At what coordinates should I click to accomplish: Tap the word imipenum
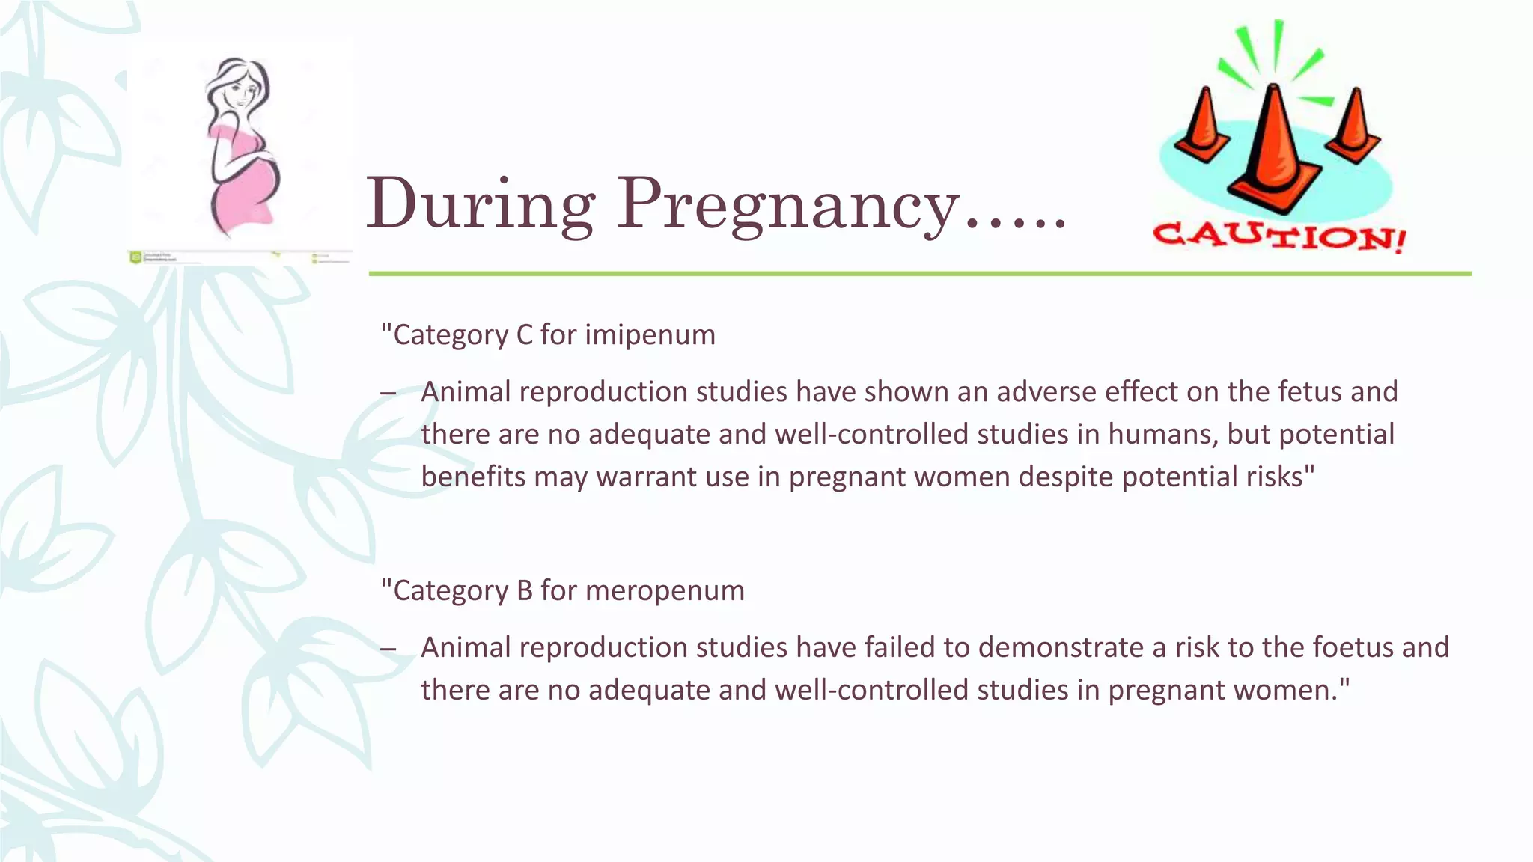coord(650,334)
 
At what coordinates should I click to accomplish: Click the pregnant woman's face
coord(241,94)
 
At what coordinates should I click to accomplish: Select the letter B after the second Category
coord(524,590)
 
